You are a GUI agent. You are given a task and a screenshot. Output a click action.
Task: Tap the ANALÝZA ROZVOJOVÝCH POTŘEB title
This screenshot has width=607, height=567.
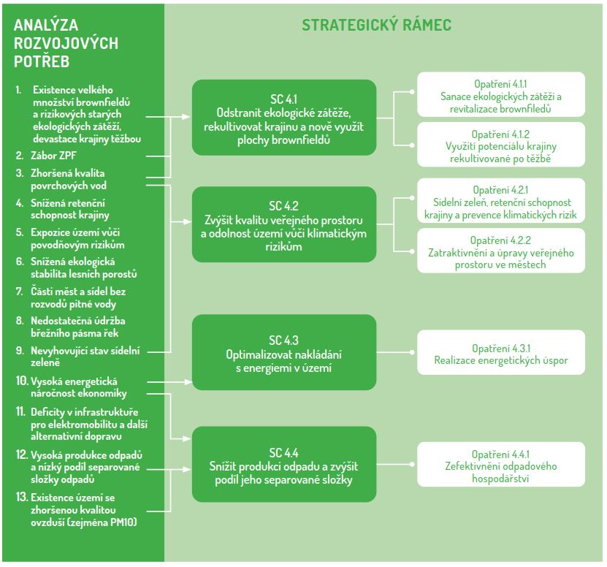pyautogui.click(x=66, y=44)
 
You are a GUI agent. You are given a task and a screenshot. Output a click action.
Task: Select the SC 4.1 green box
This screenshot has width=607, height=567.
pyautogui.click(x=284, y=116)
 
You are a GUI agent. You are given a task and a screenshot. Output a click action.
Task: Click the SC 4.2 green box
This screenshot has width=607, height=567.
pyautogui.click(x=284, y=224)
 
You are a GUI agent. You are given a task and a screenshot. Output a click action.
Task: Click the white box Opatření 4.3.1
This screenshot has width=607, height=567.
pyautogui.click(x=500, y=354)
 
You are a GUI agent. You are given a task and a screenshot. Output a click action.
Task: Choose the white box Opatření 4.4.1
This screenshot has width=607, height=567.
pyautogui.click(x=500, y=465)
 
